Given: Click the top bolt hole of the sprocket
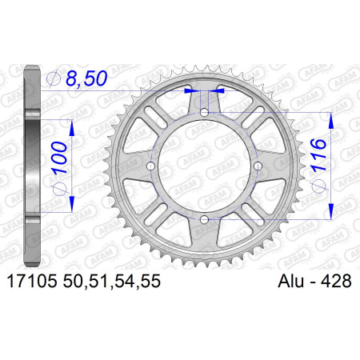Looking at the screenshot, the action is [x=204, y=113].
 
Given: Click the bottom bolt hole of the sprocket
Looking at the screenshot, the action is [x=204, y=220].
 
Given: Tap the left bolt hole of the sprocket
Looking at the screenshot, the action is [x=151, y=166].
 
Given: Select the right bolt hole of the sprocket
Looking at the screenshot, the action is [x=258, y=166].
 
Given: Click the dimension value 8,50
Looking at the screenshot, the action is [x=86, y=78].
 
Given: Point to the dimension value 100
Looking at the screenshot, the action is [x=59, y=158].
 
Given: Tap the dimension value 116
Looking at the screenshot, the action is [x=318, y=154].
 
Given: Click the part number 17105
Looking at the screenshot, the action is [x=32, y=282].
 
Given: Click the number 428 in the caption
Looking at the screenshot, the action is [x=336, y=282].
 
